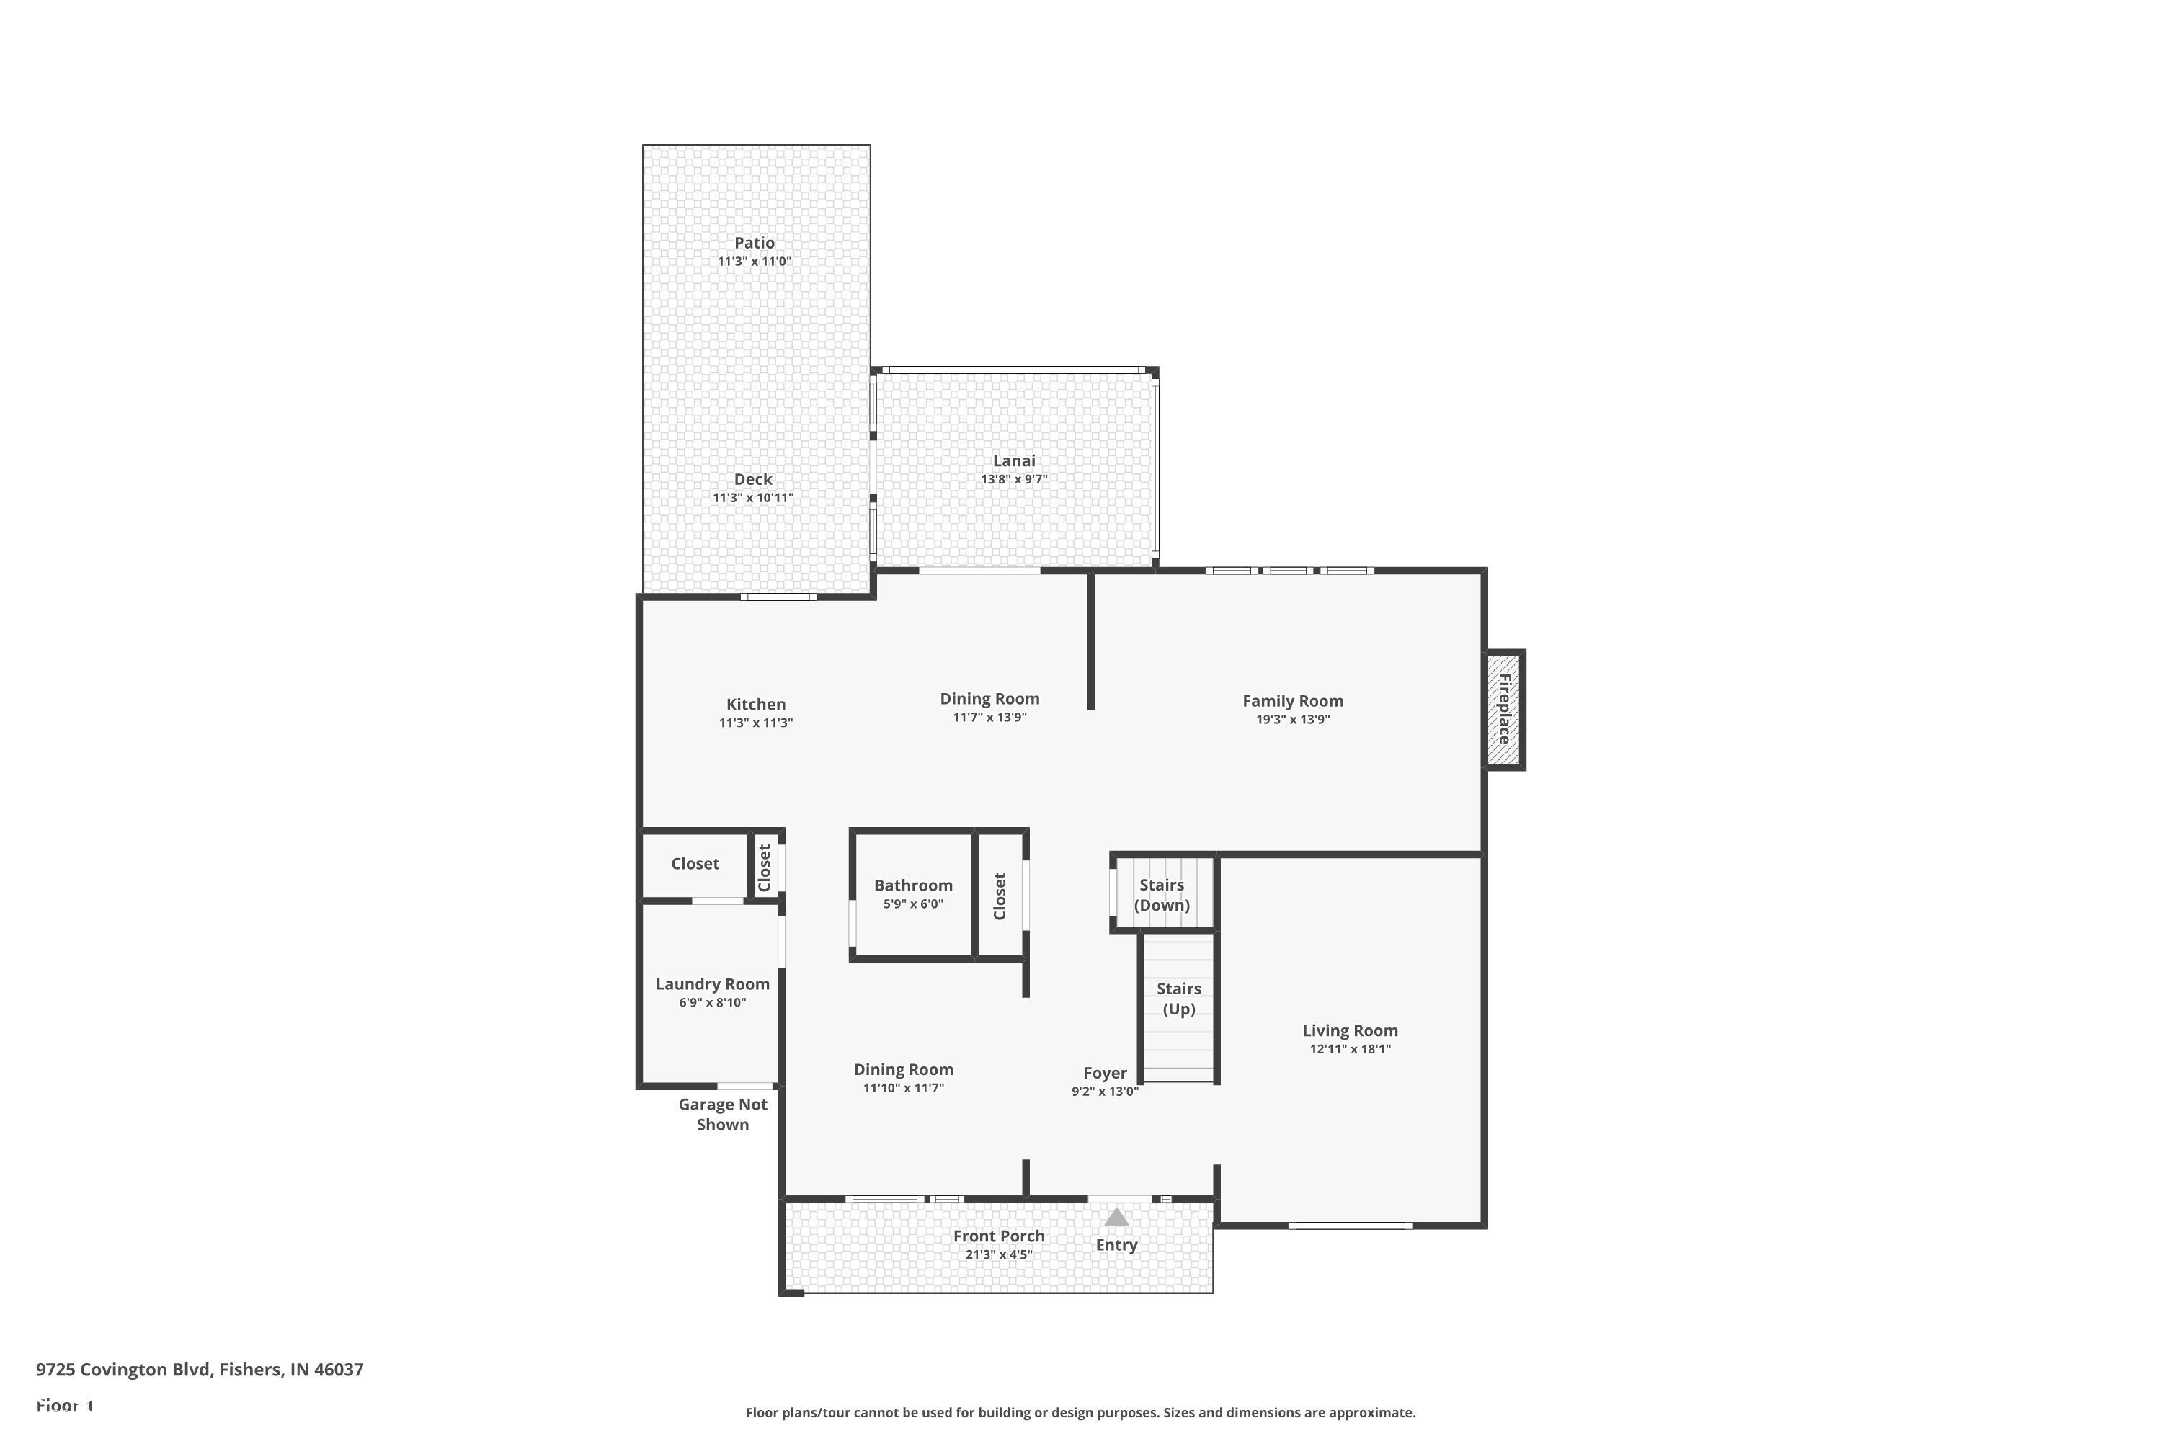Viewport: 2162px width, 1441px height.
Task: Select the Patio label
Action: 754,243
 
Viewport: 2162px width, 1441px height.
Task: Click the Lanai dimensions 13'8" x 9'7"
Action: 1013,479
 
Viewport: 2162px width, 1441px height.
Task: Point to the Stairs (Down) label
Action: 1161,894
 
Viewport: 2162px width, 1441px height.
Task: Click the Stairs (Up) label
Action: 1178,998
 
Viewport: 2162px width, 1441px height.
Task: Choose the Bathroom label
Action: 913,885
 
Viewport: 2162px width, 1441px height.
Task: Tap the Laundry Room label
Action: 713,983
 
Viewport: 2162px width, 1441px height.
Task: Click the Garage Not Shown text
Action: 723,1114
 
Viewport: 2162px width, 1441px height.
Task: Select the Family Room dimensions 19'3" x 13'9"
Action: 1292,720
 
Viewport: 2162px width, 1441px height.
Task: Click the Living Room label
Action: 1349,1030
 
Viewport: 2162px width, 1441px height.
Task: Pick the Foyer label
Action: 1104,1073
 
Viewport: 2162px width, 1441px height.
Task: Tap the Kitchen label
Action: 755,704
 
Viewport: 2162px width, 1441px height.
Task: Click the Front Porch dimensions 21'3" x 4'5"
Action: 998,1254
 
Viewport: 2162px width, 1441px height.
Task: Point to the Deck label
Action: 753,479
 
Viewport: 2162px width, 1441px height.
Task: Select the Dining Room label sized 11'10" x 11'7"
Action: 903,1069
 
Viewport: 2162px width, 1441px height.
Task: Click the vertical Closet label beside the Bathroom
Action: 1000,896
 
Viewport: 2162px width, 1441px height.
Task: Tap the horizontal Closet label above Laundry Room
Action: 694,863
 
